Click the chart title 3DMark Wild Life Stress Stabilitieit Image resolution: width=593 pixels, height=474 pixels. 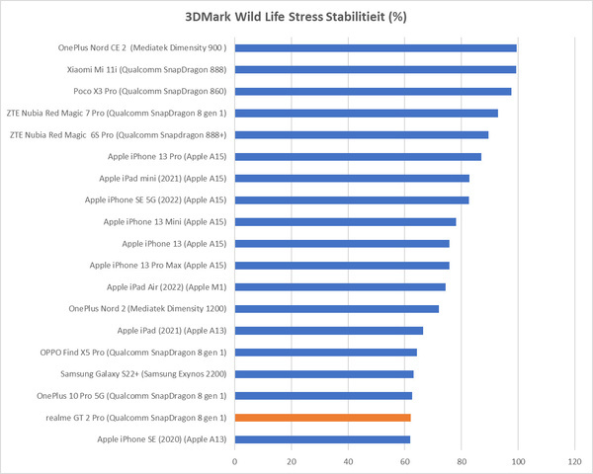click(x=296, y=17)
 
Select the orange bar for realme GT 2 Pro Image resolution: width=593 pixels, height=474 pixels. click(x=323, y=417)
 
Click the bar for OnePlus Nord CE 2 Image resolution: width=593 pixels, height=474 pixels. click(x=376, y=47)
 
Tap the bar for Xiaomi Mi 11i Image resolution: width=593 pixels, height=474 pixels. click(x=376, y=69)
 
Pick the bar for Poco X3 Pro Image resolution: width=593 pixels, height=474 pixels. click(x=373, y=91)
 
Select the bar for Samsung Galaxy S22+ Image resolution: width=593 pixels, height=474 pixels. click(x=324, y=373)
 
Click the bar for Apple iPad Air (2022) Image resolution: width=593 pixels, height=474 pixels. click(x=340, y=286)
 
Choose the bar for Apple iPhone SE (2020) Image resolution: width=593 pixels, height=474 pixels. click(x=322, y=438)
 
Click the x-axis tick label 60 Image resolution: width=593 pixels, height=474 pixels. click(x=405, y=460)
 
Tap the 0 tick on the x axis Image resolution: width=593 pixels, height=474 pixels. click(x=235, y=460)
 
